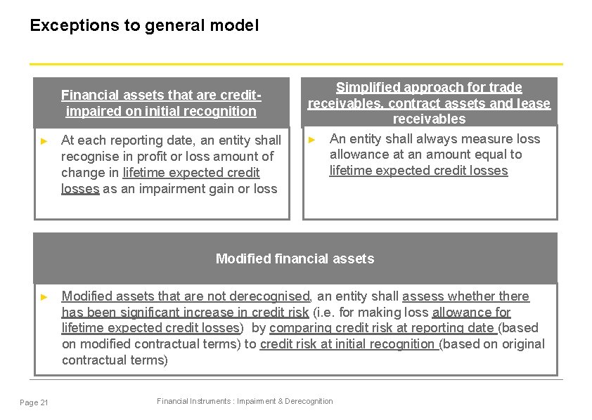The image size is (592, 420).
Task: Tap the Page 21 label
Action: pos(34,402)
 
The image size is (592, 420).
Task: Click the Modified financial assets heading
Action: pos(295,258)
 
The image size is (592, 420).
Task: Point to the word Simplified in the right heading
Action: pos(366,88)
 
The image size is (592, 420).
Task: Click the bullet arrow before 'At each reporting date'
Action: pos(44,140)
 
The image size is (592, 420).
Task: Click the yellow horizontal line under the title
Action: pos(295,64)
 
